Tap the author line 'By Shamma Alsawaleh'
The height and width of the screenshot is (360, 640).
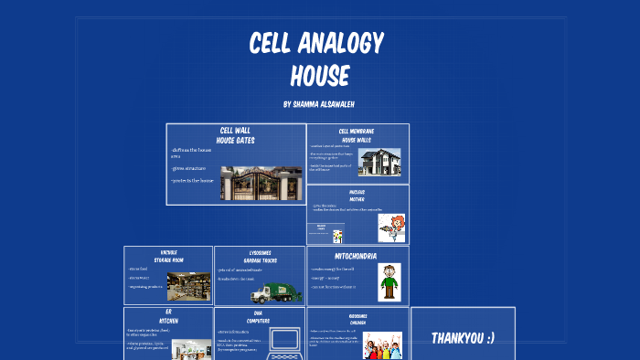coord(320,105)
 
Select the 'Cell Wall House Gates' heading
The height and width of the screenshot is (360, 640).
coord(235,135)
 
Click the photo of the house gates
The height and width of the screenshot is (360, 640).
coord(261,183)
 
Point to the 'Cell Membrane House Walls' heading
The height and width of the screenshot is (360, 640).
coord(357,135)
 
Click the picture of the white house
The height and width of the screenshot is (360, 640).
coord(379,163)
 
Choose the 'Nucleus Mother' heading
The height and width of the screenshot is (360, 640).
coord(357,194)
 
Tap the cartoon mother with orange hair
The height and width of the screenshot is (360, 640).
coord(391,228)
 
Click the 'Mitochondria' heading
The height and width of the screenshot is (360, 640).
coord(357,257)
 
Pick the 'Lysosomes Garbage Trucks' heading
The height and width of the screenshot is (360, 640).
coord(260,256)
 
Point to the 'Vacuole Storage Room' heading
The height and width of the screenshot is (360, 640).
coord(168,256)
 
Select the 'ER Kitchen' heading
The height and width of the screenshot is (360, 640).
coord(168,316)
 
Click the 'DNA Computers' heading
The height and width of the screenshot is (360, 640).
coord(260,316)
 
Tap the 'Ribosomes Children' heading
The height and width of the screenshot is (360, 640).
coord(357,319)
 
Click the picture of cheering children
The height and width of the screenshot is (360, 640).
coord(381,346)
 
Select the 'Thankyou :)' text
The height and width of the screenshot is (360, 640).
coord(463,338)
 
